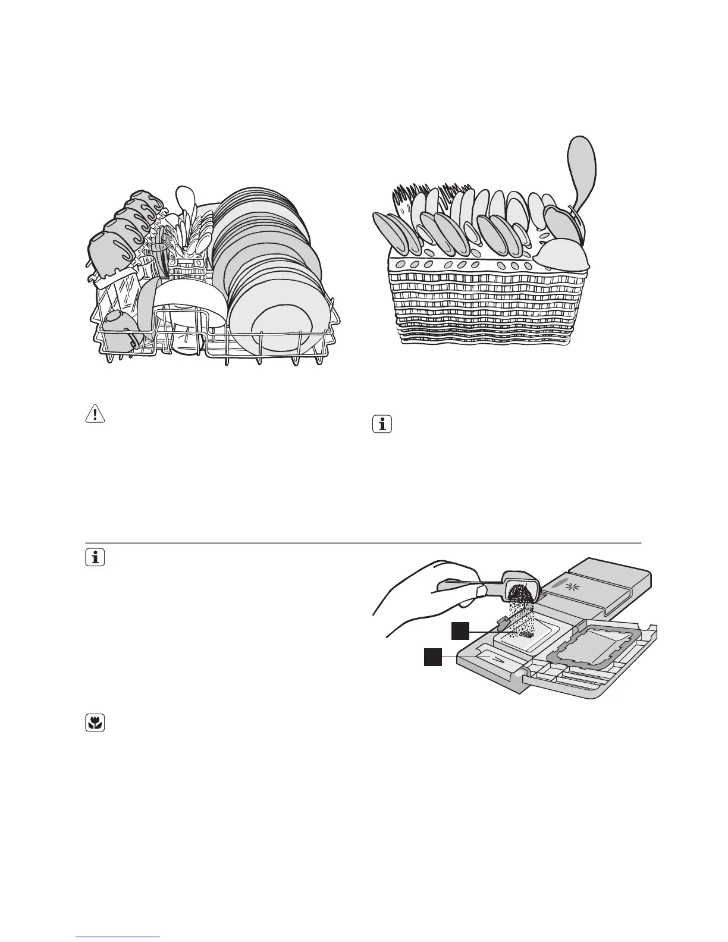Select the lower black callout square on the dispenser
click(432, 657)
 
